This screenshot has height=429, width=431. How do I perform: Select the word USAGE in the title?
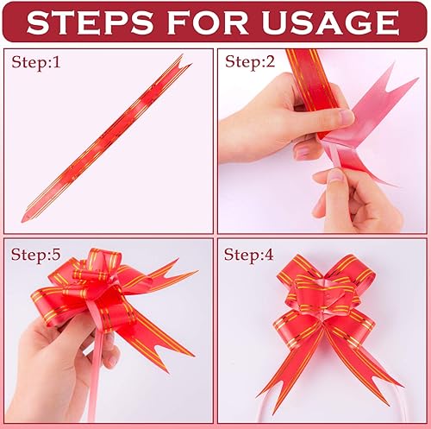330,22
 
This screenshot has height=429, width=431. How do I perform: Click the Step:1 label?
36,62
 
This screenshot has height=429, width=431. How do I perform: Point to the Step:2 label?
250,62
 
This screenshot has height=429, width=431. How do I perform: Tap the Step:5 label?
35,255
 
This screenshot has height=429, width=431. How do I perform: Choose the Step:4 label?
248,255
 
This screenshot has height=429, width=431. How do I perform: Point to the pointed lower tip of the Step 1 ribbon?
23,219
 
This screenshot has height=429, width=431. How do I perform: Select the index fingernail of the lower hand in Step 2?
335,176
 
